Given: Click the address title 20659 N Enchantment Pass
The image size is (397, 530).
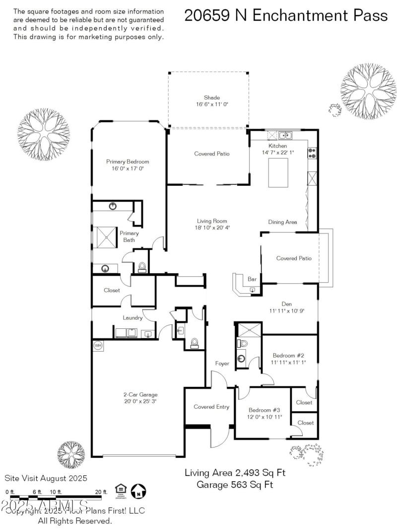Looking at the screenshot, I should click(286, 15).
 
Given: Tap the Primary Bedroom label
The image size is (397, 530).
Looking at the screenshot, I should click(128, 161).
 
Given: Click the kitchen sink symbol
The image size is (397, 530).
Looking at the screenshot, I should click(285, 135).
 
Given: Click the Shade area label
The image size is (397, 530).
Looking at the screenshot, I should click(211, 98).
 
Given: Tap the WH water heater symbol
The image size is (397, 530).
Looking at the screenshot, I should click(97, 345).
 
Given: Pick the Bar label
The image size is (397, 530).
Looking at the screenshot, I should click(252, 280).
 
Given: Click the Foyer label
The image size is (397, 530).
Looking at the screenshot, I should click(222, 364).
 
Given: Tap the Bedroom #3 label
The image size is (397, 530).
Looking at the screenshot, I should click(265, 410).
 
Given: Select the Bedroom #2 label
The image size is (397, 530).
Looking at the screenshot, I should click(288, 356).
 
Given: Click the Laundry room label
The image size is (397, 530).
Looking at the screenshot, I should click(132, 318).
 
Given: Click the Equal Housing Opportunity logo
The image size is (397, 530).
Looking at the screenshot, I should click(121, 491).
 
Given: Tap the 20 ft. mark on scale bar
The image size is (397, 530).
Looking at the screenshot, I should click(101, 492).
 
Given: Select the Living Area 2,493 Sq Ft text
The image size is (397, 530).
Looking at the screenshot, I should click(235, 472).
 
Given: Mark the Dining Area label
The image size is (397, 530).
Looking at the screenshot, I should click(282, 222).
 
